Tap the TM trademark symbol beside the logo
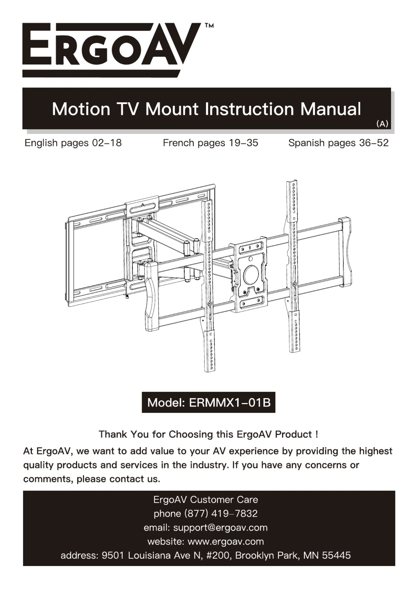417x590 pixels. click(209, 26)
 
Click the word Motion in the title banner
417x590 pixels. click(81, 109)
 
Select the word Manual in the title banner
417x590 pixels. click(331, 109)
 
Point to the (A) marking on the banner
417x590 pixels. click(382, 124)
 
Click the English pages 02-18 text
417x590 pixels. click(73, 143)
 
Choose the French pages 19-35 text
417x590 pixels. click(210, 143)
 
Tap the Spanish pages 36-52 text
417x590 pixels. click(338, 143)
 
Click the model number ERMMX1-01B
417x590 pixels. click(230, 403)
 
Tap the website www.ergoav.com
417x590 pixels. click(226, 541)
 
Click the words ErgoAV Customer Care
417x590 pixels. click(205, 499)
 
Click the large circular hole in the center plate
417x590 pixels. click(251, 275)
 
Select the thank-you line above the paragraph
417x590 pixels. click(208, 434)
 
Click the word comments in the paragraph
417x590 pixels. click(48, 479)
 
